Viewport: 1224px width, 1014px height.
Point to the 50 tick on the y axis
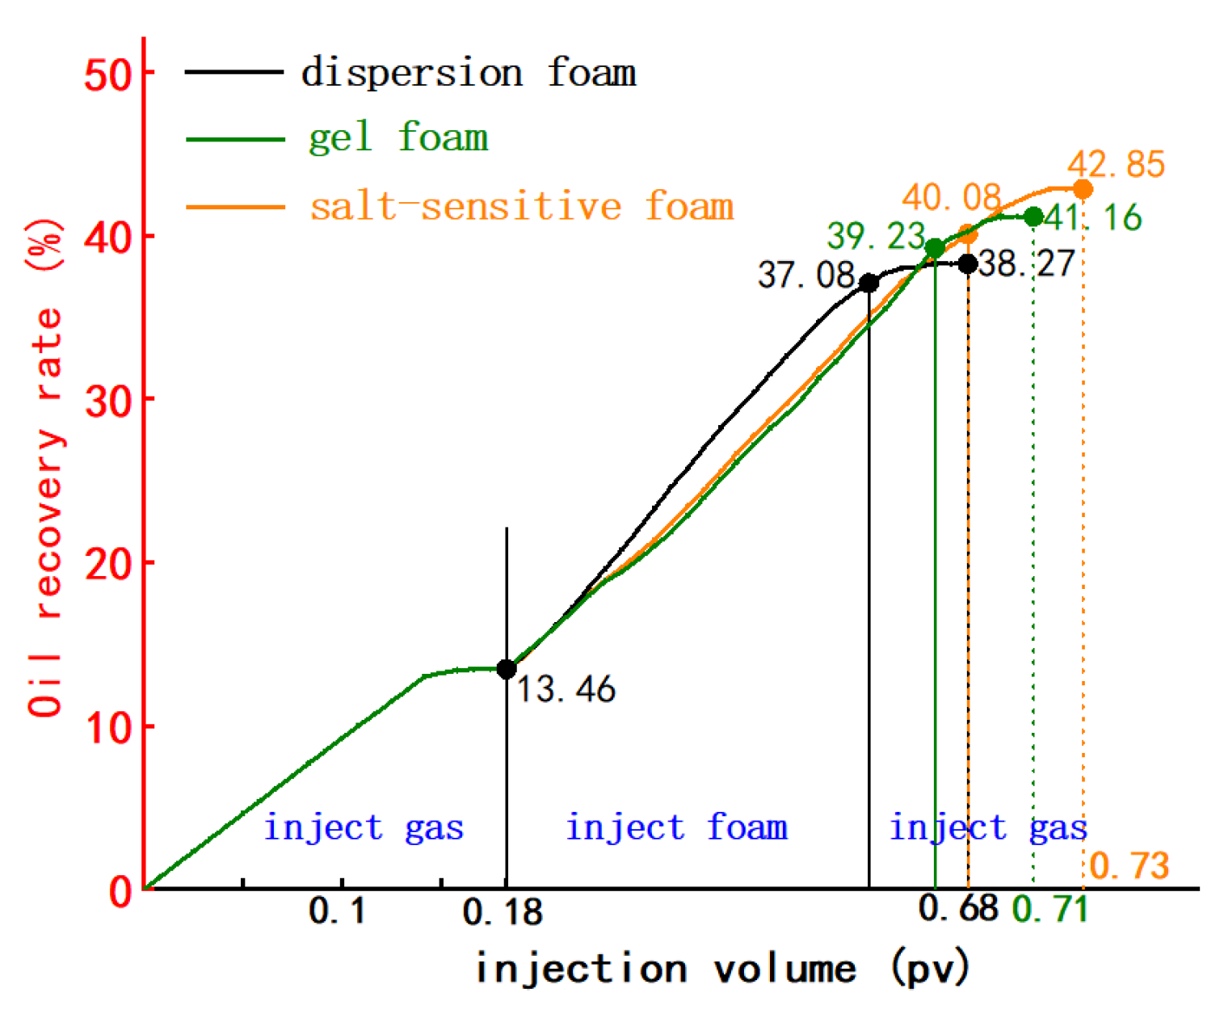[x=108, y=74]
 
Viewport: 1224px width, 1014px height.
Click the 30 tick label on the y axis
[x=108, y=400]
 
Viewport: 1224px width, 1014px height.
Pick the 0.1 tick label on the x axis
[x=337, y=911]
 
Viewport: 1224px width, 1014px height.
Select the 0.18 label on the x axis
[x=503, y=912]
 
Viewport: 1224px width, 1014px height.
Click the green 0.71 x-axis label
[x=1049, y=910]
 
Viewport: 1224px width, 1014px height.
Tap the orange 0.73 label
[x=1129, y=866]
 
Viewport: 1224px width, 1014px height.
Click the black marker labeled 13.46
[x=507, y=669]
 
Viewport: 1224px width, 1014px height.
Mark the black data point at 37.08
[x=869, y=283]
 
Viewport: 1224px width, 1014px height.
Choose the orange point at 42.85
[x=1083, y=190]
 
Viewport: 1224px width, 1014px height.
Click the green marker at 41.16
[x=1033, y=217]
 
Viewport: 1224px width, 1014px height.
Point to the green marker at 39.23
[x=935, y=248]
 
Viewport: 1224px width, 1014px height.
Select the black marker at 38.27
[x=967, y=263]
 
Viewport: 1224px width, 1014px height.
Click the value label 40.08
[x=951, y=197]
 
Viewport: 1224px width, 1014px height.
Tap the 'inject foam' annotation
[x=676, y=827]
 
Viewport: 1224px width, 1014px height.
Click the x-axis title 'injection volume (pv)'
[x=721, y=968]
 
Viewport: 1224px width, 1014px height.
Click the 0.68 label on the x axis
[x=958, y=908]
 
